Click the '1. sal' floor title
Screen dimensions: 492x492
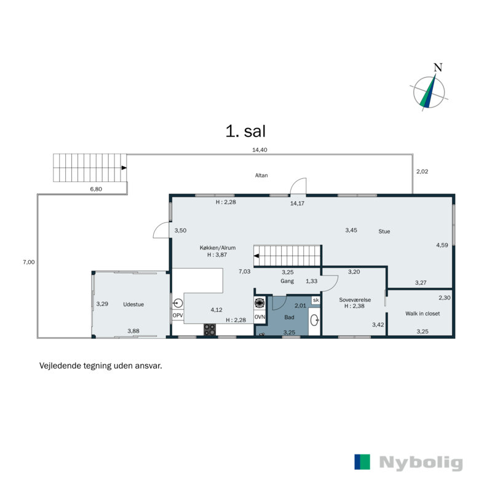pyautogui.click(x=245, y=131)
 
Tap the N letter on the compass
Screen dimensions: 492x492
pyautogui.click(x=438, y=68)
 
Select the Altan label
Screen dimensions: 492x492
pyautogui.click(x=261, y=175)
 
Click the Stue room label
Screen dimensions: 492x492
pyautogui.click(x=384, y=231)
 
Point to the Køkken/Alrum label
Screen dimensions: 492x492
pyautogui.click(x=218, y=248)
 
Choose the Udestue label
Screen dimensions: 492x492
pyautogui.click(x=133, y=304)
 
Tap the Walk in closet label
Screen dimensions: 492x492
pyautogui.click(x=423, y=314)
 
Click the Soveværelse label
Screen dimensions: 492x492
pyautogui.click(x=355, y=300)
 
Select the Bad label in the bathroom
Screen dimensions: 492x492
pyautogui.click(x=289, y=317)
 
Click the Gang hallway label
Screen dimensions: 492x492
pyautogui.click(x=287, y=281)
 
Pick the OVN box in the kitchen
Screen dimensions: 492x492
pyautogui.click(x=260, y=317)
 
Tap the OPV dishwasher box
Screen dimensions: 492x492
pyautogui.click(x=178, y=315)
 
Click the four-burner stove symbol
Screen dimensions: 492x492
pyautogui.click(x=210, y=330)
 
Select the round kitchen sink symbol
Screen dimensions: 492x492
pyautogui.click(x=178, y=303)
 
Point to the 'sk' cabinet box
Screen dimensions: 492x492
pyautogui.click(x=315, y=300)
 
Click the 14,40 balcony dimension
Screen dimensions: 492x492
pyautogui.click(x=260, y=149)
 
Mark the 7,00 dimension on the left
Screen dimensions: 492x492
pyautogui.click(x=29, y=262)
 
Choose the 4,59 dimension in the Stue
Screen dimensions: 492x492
pyautogui.click(x=442, y=245)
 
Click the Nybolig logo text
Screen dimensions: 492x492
pyautogui.click(x=421, y=462)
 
